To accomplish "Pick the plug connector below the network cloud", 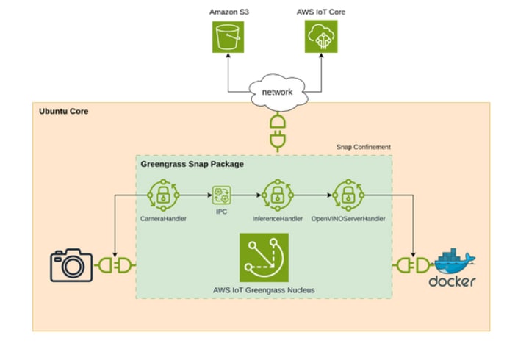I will point(278,130).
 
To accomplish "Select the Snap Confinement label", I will point(363,147).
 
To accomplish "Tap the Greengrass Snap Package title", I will point(192,164).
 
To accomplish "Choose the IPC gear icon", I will point(220,196).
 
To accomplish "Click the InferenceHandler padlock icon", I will point(278,195).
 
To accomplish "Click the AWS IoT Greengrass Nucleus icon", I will point(263,257).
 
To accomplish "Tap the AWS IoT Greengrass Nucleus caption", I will point(263,290).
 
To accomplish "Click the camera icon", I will point(71,265).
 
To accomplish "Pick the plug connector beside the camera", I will point(114,264).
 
